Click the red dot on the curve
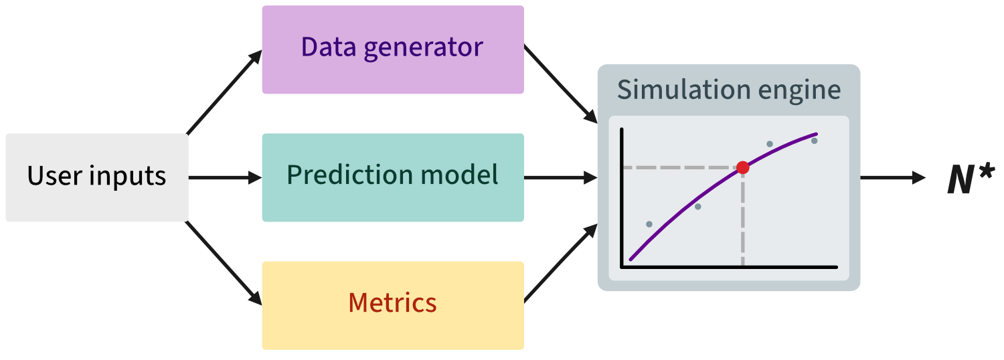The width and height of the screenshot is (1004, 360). tap(742, 167)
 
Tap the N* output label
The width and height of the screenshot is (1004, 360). tap(971, 179)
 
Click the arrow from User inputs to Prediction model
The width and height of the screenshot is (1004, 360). tap(224, 178)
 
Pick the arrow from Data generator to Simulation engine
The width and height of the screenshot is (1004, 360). tap(560, 84)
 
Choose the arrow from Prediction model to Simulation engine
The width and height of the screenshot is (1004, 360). tap(560, 178)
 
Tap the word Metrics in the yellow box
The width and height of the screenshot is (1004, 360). tap(392, 303)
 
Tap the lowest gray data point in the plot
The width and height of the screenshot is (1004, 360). tap(649, 223)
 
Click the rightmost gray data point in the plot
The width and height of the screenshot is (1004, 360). tap(814, 141)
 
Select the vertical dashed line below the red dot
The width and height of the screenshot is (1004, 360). tap(742, 221)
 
